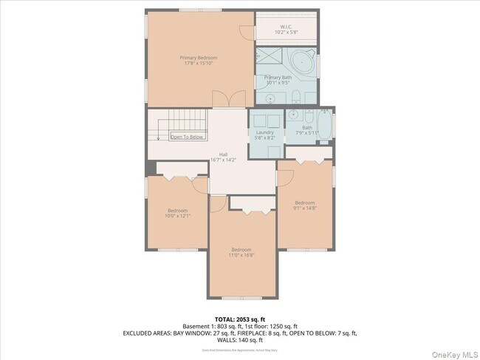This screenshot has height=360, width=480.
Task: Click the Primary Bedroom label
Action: click(199, 60)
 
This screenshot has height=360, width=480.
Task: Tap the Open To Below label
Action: click(187, 137)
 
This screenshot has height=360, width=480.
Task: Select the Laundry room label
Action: click(264, 135)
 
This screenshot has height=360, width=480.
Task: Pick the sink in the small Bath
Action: click(293, 115)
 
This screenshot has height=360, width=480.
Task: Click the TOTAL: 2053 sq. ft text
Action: click(240, 319)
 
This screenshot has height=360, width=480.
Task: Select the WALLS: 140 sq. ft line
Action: click(240, 341)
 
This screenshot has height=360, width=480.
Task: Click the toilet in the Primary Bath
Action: click(295, 95)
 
